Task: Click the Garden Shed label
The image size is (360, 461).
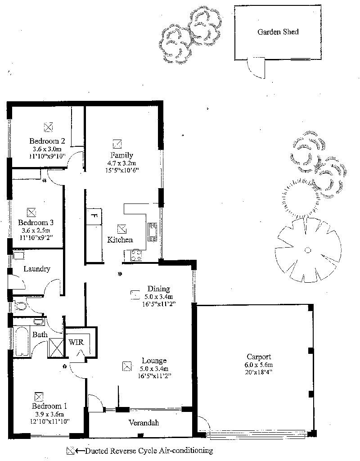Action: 278,32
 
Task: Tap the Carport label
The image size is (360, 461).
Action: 259,357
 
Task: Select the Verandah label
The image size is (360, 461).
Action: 144,422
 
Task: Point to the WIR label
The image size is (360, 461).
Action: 76,342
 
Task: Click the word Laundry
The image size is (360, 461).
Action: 37,269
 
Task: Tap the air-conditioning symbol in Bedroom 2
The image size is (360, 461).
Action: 48,127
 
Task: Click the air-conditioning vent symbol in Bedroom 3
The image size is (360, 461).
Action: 31,212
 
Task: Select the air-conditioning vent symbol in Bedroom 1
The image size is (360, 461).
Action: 39,396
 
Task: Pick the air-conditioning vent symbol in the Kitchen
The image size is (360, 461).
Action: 121,229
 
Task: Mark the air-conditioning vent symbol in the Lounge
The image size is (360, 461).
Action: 126,366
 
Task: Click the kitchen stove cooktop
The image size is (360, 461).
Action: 136,255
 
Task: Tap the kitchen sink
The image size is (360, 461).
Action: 153,232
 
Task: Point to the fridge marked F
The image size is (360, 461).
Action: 94,216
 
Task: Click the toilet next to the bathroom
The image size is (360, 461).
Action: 20,306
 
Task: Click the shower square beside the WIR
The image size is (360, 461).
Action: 56,348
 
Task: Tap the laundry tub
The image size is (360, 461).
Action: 18,255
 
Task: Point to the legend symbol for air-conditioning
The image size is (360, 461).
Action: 70,451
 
